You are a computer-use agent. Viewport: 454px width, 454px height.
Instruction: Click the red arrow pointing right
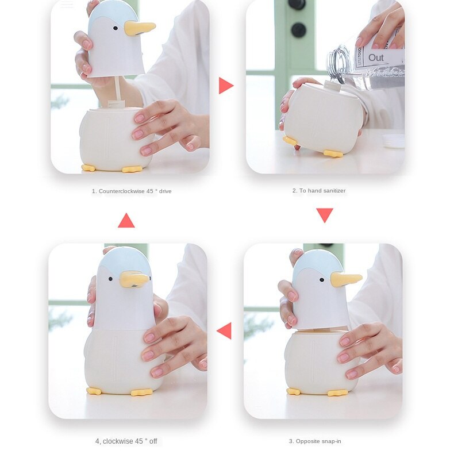[225, 86]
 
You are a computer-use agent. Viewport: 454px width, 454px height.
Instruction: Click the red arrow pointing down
[325, 215]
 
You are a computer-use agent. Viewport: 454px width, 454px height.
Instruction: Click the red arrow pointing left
[224, 330]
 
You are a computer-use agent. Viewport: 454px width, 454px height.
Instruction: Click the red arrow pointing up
[126, 221]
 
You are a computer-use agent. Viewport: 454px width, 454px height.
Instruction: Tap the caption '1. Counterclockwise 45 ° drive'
[132, 191]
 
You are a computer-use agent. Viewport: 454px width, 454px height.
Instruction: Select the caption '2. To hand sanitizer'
[319, 191]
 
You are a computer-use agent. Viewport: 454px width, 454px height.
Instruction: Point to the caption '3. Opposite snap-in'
[315, 441]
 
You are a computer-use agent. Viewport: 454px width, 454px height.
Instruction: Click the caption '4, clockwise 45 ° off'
[126, 441]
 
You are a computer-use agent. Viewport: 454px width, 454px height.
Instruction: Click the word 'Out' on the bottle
[376, 57]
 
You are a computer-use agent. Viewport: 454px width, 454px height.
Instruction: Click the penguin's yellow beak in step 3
[345, 279]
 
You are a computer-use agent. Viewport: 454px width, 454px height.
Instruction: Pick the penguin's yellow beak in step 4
[133, 280]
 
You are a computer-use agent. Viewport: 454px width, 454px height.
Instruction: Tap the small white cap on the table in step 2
[394, 141]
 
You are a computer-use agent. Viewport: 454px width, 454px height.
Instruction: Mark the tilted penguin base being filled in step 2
[323, 118]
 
